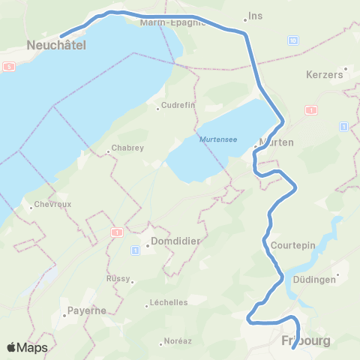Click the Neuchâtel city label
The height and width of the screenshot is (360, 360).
click(56, 46)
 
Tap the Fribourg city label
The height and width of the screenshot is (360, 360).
click(306, 340)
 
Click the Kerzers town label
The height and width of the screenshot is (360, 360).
click(325, 75)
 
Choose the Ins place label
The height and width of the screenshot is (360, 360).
click(256, 16)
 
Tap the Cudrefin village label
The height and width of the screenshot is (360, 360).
click(179, 106)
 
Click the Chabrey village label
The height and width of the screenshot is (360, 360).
click(127, 148)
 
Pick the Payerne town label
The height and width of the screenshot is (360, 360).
click(88, 310)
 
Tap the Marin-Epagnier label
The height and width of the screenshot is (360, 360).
click(172, 22)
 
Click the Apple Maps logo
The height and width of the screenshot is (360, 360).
click(27, 347)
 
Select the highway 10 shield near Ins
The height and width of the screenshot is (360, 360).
click(293, 40)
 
